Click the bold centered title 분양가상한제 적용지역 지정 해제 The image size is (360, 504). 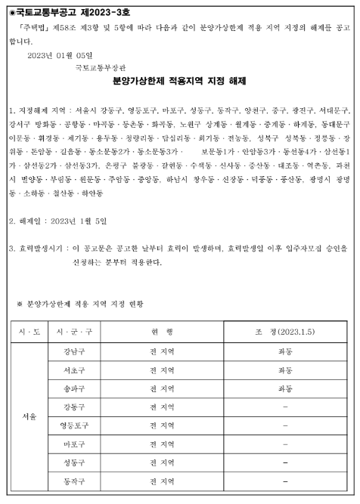[181, 80]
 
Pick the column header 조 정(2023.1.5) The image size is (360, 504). [284, 332]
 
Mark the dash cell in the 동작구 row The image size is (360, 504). [285, 481]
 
